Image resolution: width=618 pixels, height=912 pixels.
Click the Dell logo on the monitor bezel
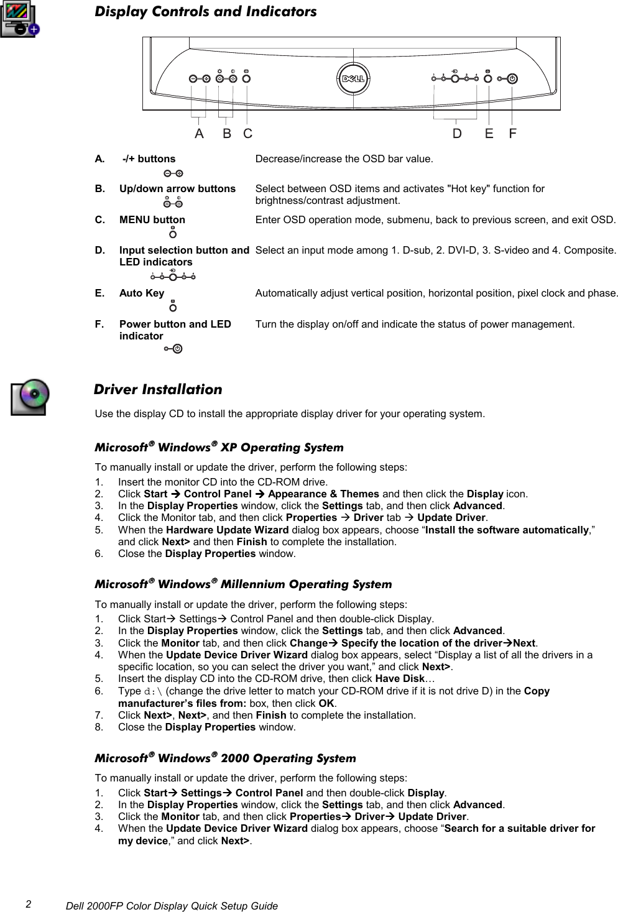(x=353, y=78)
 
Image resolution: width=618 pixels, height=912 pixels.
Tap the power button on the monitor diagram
(x=512, y=78)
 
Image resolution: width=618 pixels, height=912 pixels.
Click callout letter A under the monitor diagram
(x=199, y=134)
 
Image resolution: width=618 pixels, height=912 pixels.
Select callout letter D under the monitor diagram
(x=457, y=134)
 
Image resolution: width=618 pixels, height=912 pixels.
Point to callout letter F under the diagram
(x=513, y=134)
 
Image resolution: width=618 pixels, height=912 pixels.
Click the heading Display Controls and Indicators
(x=205, y=12)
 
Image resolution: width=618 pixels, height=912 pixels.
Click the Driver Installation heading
(x=158, y=390)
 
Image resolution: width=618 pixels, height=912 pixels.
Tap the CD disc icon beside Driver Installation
(x=29, y=397)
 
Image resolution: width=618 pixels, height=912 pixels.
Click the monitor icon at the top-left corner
(x=19, y=21)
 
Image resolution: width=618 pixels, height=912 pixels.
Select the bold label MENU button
(x=152, y=219)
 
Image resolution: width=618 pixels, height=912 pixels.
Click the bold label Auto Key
(x=142, y=293)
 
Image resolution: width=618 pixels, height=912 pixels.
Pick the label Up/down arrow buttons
(x=177, y=188)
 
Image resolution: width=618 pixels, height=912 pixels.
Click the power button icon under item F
(x=174, y=349)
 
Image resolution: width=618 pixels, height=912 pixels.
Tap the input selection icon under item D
(x=173, y=276)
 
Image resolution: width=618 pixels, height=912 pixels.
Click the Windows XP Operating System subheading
(x=219, y=448)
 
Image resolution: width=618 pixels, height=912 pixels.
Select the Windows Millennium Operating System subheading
(x=243, y=584)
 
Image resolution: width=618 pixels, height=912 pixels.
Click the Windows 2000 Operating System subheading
(x=225, y=758)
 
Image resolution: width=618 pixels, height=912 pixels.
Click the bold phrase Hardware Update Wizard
(x=227, y=530)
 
